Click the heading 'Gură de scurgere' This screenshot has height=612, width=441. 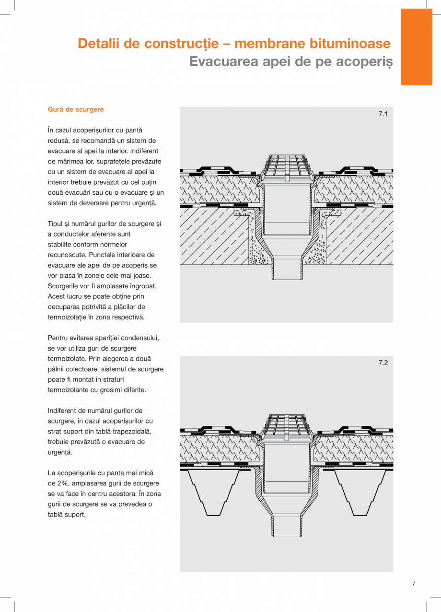coord(76,109)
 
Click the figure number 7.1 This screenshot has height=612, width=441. coord(383,114)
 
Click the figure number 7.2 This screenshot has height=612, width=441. coord(383,363)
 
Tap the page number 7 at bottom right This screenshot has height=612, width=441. coord(414,584)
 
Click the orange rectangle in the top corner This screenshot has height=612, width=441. coord(416,47)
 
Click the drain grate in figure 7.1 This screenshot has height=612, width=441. coord(287,166)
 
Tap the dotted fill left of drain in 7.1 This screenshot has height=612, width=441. coord(256,240)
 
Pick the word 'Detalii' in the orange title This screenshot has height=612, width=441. coord(98,44)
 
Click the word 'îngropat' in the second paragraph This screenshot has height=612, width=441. coord(144,286)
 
